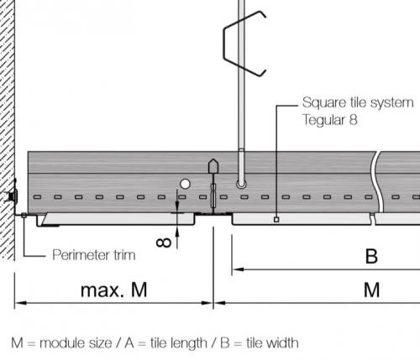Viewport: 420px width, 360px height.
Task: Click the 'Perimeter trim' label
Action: click(x=94, y=255)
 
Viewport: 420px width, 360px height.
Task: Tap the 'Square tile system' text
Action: click(x=358, y=102)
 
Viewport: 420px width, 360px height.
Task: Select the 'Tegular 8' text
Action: click(x=330, y=120)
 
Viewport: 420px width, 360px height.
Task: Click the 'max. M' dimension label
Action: click(x=113, y=290)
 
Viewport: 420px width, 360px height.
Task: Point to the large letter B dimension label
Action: click(x=371, y=256)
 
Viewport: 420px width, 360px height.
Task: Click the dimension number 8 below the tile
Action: click(x=164, y=243)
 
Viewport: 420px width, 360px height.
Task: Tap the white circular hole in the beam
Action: click(x=185, y=184)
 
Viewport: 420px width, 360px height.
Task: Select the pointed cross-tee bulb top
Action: click(x=213, y=165)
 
